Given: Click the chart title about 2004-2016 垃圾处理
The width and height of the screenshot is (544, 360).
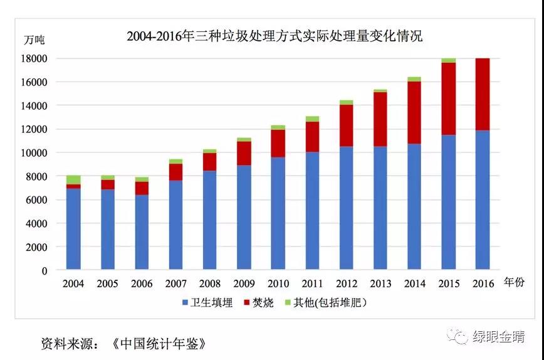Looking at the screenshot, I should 275,36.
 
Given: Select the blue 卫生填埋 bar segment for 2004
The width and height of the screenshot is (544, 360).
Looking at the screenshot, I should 73,229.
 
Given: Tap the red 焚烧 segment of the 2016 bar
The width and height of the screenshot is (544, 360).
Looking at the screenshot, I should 482,94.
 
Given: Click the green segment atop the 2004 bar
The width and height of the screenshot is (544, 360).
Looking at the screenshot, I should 73,179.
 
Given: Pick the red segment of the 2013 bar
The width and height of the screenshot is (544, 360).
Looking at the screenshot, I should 380,119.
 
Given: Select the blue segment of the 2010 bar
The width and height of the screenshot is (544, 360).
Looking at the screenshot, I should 278,213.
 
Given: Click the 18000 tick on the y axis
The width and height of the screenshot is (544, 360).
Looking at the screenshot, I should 35,59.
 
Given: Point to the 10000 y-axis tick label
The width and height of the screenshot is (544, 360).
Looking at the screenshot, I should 35,153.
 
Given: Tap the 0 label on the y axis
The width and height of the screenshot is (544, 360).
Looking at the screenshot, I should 44,271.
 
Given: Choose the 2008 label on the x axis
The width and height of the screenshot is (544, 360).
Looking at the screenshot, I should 210,283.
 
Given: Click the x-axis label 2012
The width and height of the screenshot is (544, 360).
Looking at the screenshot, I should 347,283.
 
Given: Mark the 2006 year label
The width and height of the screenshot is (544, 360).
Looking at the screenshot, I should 142,283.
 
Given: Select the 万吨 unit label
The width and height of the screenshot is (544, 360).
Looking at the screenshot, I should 34,40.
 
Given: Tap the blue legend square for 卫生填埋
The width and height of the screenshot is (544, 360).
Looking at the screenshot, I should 186,303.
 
